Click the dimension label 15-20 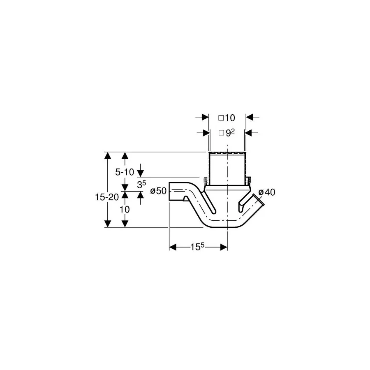tap(106, 197)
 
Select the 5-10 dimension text tap(125, 172)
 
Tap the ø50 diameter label tap(158, 191)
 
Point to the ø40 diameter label tap(267, 192)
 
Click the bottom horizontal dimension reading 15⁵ tap(197, 247)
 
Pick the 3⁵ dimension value tap(141, 184)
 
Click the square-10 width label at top tap(227, 118)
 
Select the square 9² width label tap(227, 133)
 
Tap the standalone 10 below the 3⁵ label tap(125, 209)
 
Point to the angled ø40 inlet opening tap(259, 200)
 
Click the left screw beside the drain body tap(206, 181)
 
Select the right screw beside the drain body tap(248, 181)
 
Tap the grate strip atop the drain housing tap(227, 154)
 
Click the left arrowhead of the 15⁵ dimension tap(173, 247)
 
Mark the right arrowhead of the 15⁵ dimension tap(224, 247)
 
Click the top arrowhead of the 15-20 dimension tap(108, 156)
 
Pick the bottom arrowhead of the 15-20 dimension tap(108, 224)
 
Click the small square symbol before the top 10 tap(221, 118)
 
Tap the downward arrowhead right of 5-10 tap(141, 173)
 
